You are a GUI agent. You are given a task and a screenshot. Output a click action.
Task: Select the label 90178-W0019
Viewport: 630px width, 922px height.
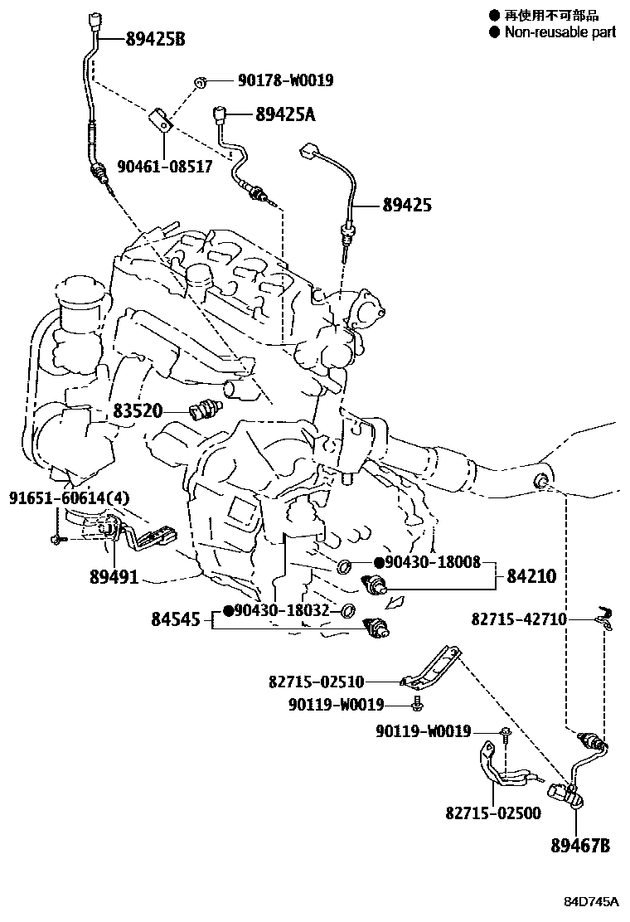pos(285,80)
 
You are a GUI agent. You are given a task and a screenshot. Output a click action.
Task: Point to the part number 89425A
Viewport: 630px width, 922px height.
pos(274,115)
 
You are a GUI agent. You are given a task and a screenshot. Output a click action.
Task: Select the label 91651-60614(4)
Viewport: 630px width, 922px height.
pos(59,498)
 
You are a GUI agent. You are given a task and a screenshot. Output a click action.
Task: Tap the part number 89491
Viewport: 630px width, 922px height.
pos(114,577)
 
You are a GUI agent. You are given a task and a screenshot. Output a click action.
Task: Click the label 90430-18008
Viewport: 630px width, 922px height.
pos(433,563)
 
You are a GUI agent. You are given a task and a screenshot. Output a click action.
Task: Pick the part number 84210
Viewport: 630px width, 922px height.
pos(526,575)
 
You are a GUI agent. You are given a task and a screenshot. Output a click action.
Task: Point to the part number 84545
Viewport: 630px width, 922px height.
pos(176,619)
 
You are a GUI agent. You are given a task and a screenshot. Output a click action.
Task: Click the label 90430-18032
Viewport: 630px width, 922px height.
pos(282,611)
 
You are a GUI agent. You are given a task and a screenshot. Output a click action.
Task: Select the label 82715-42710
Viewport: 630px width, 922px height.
pos(519,619)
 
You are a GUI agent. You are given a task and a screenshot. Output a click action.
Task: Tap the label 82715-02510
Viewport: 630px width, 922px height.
pos(316,682)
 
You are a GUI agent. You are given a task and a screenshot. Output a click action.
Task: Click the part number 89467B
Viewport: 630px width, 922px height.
pos(580,846)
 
